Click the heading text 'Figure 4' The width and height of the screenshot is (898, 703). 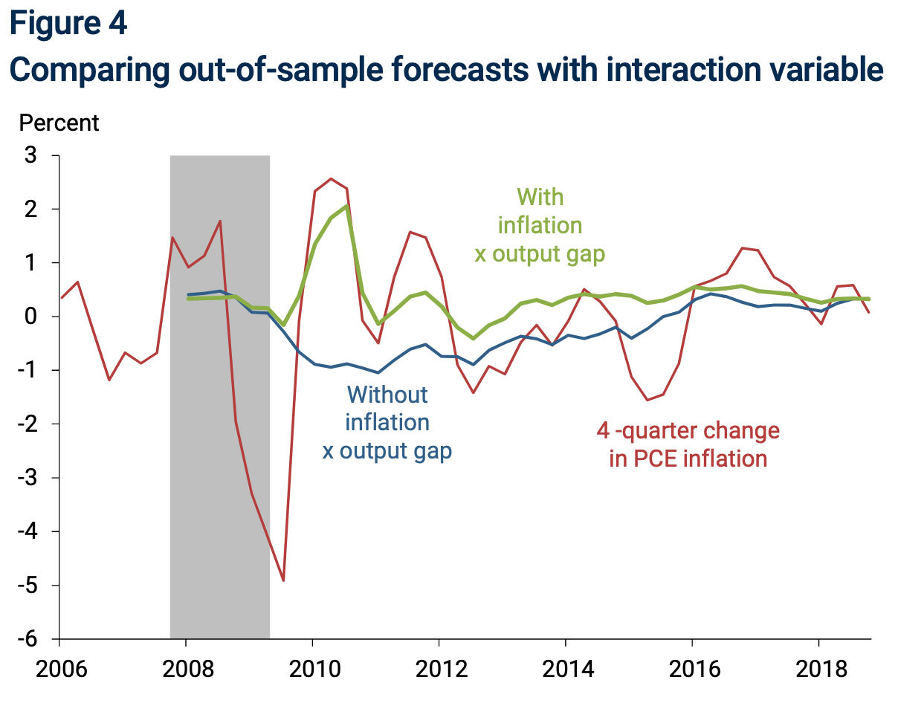68,23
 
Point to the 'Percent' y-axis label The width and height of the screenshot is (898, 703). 59,123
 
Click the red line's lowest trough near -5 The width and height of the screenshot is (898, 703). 283,580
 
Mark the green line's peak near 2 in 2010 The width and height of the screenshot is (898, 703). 346,206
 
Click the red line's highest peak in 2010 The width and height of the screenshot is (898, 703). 331,178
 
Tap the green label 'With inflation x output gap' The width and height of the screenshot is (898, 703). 540,225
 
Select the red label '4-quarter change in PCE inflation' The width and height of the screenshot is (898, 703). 688,444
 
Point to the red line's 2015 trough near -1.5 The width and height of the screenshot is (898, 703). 647,400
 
